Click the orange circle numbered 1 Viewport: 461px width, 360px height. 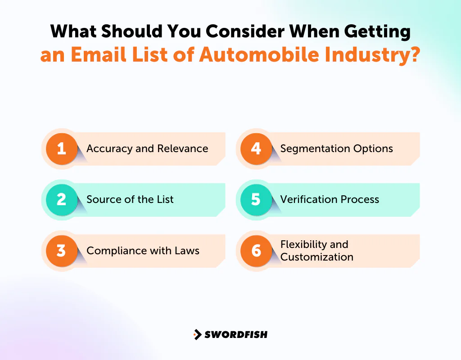point(61,148)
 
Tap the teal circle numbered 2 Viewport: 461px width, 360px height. point(61,199)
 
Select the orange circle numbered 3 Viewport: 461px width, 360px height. point(61,251)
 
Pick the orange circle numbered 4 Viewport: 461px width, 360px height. point(256,148)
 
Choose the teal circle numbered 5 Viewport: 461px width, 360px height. point(256,199)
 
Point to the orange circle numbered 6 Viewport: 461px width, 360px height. point(256,251)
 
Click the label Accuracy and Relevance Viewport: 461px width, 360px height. point(147,148)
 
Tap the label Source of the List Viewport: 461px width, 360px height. point(130,199)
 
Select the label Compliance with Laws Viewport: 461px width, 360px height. point(143,251)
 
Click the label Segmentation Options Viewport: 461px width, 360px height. point(336,148)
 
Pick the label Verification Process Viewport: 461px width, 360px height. point(330,199)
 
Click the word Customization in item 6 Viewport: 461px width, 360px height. point(316,257)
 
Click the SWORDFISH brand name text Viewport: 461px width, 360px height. point(236,334)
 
